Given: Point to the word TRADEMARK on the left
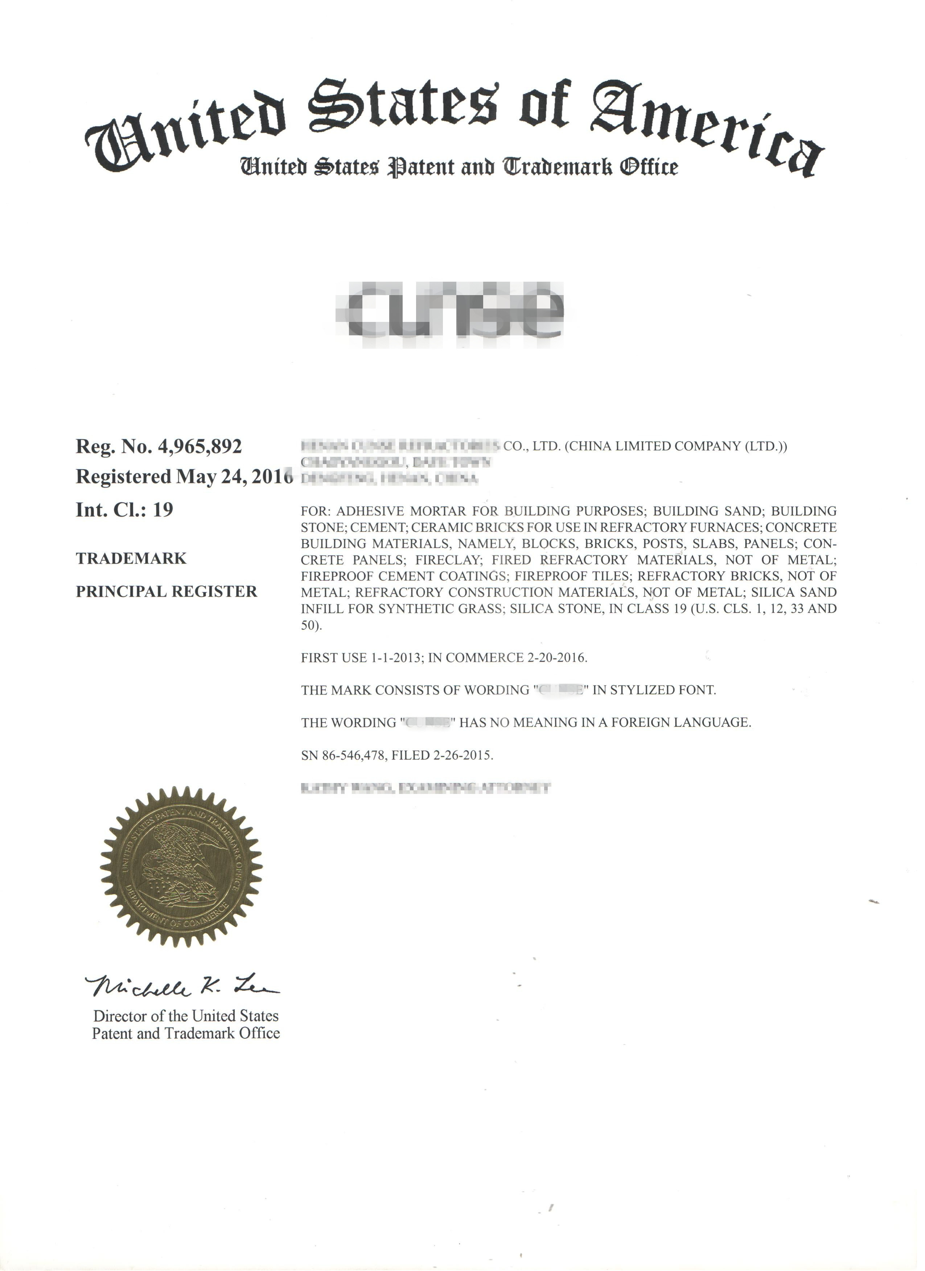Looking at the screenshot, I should pyautogui.click(x=131, y=559).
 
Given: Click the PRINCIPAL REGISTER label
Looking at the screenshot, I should pyautogui.click(x=166, y=592).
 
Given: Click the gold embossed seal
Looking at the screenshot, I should pyautogui.click(x=181, y=867).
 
